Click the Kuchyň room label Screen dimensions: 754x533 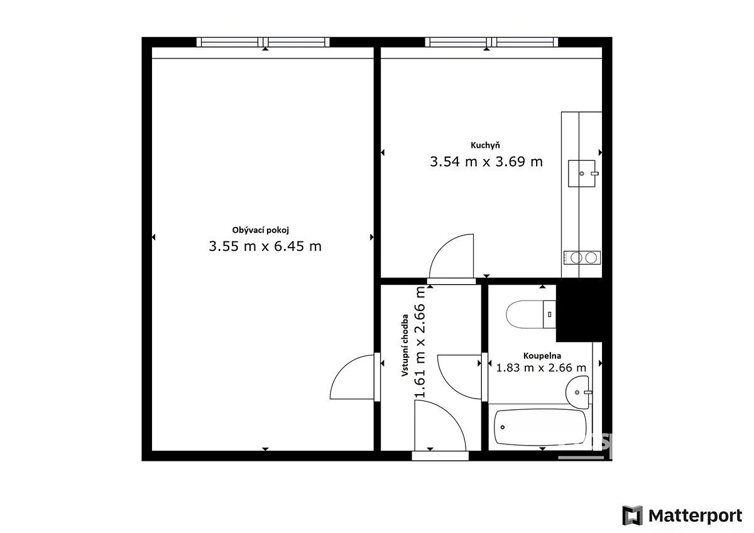(x=485, y=145)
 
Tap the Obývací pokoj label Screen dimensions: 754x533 (x=261, y=230)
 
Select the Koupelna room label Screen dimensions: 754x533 (x=542, y=356)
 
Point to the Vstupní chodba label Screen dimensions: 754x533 (x=405, y=345)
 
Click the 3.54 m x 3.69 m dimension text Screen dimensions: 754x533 (x=486, y=162)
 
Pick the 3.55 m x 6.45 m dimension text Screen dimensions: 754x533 (x=265, y=246)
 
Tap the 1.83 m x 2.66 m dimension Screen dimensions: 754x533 (x=541, y=368)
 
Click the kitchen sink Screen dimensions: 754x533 (x=582, y=173)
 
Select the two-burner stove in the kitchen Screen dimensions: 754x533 (x=582, y=258)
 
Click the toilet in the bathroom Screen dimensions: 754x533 (x=531, y=314)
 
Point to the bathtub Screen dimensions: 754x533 (x=540, y=427)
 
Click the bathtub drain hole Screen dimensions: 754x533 (x=503, y=427)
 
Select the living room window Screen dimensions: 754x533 (x=263, y=42)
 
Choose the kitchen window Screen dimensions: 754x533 (x=491, y=42)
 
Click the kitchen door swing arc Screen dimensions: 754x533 (x=441, y=246)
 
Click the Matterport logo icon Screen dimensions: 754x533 (x=632, y=515)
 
